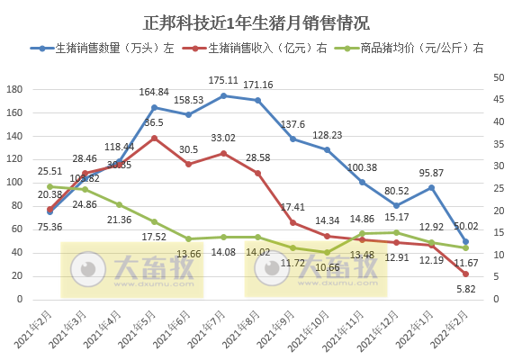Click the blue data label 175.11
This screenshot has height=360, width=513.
coord(223,80)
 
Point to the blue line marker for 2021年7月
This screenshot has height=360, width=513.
coord(223,95)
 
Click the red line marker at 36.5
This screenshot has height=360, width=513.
coord(154,139)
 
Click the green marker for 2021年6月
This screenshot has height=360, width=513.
coord(188,239)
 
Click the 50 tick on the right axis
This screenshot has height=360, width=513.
coord(489,79)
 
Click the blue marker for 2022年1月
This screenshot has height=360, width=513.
coord(431,187)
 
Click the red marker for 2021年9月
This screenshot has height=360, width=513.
coord(292,222)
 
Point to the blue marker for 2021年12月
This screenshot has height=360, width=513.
coord(396,205)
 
